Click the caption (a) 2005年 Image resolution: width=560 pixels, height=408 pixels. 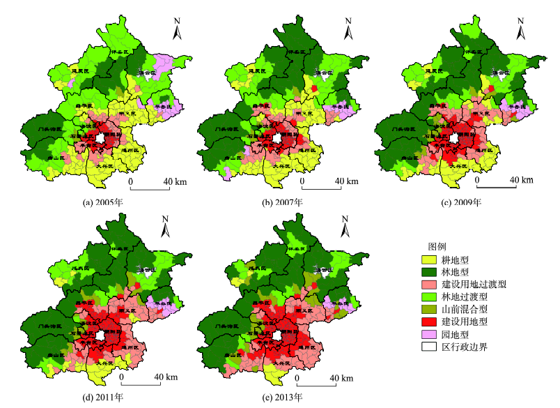[104, 202]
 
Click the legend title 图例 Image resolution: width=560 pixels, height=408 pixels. [436, 247]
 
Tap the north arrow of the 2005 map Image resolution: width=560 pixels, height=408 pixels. [178, 30]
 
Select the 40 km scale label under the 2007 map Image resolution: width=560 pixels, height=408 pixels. [345, 181]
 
